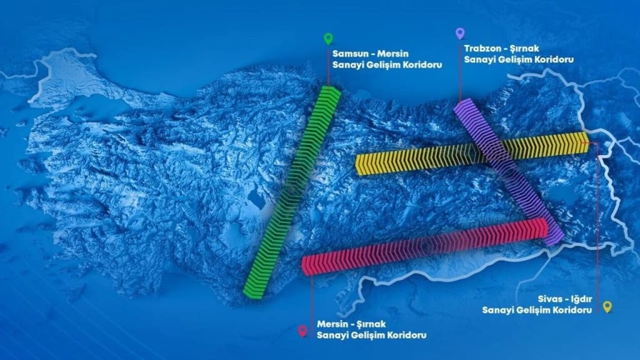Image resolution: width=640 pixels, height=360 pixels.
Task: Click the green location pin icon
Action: coord(328,38)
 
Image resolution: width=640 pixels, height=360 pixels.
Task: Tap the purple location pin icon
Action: coord(460,32)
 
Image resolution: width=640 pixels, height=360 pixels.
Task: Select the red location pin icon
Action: coord(303,330)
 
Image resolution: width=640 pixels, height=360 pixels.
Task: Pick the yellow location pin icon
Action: coord(607,306)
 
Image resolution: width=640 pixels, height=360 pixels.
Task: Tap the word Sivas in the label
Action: coord(549,298)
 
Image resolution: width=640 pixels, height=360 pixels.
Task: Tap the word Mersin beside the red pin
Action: coord(332,324)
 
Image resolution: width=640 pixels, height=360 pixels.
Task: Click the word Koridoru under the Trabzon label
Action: coord(554,59)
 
